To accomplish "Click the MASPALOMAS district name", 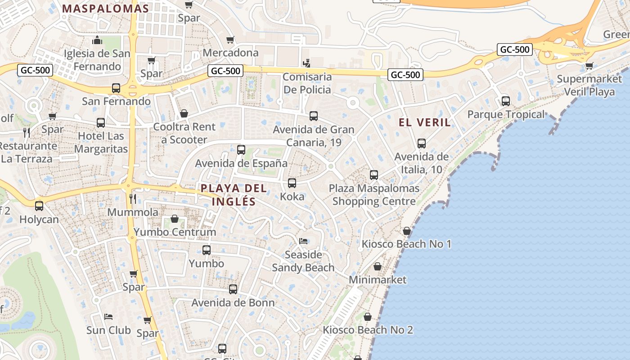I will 106,9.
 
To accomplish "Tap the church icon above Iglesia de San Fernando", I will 97,40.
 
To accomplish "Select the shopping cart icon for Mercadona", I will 230,40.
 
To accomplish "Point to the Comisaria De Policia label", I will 307,83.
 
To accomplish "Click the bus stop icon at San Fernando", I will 116,88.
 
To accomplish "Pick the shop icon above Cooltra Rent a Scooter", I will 184,113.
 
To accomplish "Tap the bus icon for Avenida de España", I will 241,149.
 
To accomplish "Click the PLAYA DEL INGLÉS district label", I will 234,195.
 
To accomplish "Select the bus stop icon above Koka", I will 292,183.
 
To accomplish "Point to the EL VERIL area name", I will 425,122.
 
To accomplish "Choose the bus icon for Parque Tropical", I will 506,101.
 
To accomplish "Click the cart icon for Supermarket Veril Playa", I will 589,66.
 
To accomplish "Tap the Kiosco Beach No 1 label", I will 406,244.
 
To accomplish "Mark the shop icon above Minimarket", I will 378,266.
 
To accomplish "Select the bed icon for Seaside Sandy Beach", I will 303,241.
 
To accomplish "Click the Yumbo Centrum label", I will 175,232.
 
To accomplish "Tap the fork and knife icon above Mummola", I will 133,198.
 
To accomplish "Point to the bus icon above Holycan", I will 39,206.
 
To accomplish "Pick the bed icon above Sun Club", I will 108,317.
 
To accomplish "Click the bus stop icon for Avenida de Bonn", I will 233,289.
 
